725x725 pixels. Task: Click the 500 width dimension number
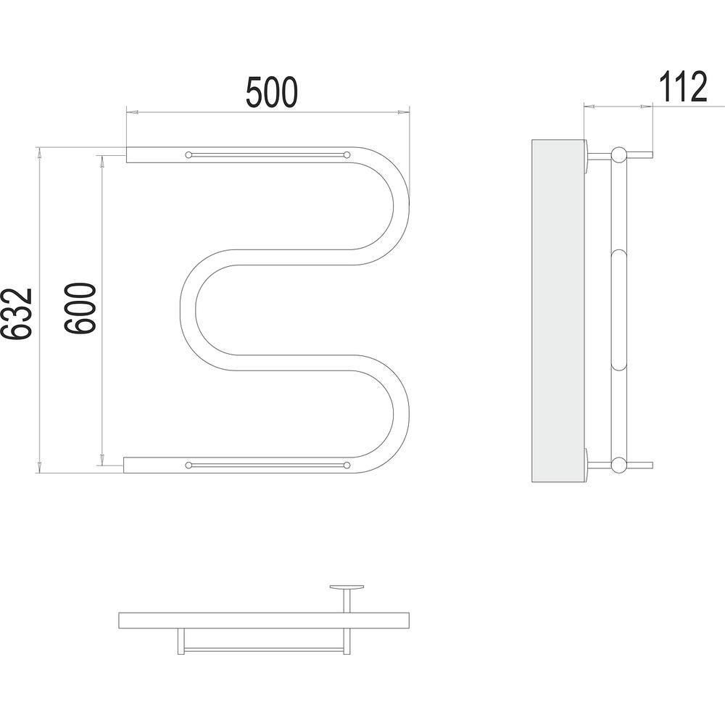[271, 93]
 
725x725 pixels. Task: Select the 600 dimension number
[80, 308]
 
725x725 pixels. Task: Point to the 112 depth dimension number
[683, 87]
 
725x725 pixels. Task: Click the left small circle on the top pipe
[188, 154]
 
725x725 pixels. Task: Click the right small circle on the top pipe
[347, 154]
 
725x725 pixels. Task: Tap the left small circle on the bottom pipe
[188, 465]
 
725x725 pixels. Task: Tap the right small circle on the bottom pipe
[347, 465]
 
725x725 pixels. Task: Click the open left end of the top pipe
[127, 154]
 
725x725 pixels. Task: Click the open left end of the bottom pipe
[124, 465]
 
